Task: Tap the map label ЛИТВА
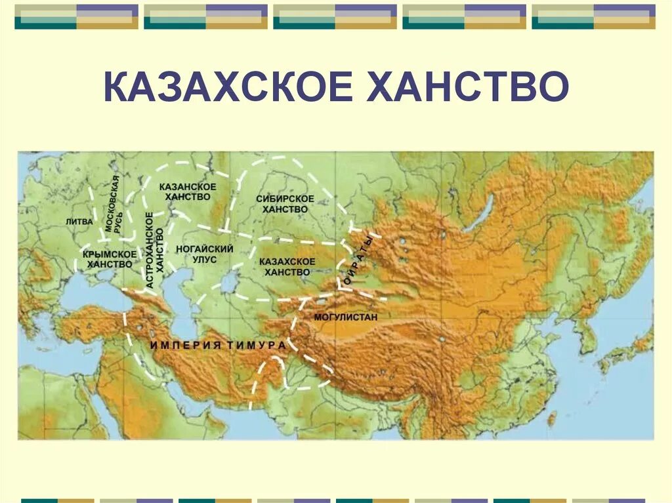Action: pyautogui.click(x=79, y=222)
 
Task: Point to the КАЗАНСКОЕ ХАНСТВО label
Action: pyautogui.click(x=188, y=191)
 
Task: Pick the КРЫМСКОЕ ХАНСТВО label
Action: pyautogui.click(x=110, y=258)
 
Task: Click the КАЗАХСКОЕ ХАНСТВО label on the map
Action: pyautogui.click(x=287, y=266)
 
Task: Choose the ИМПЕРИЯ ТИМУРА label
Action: pyautogui.click(x=218, y=345)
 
